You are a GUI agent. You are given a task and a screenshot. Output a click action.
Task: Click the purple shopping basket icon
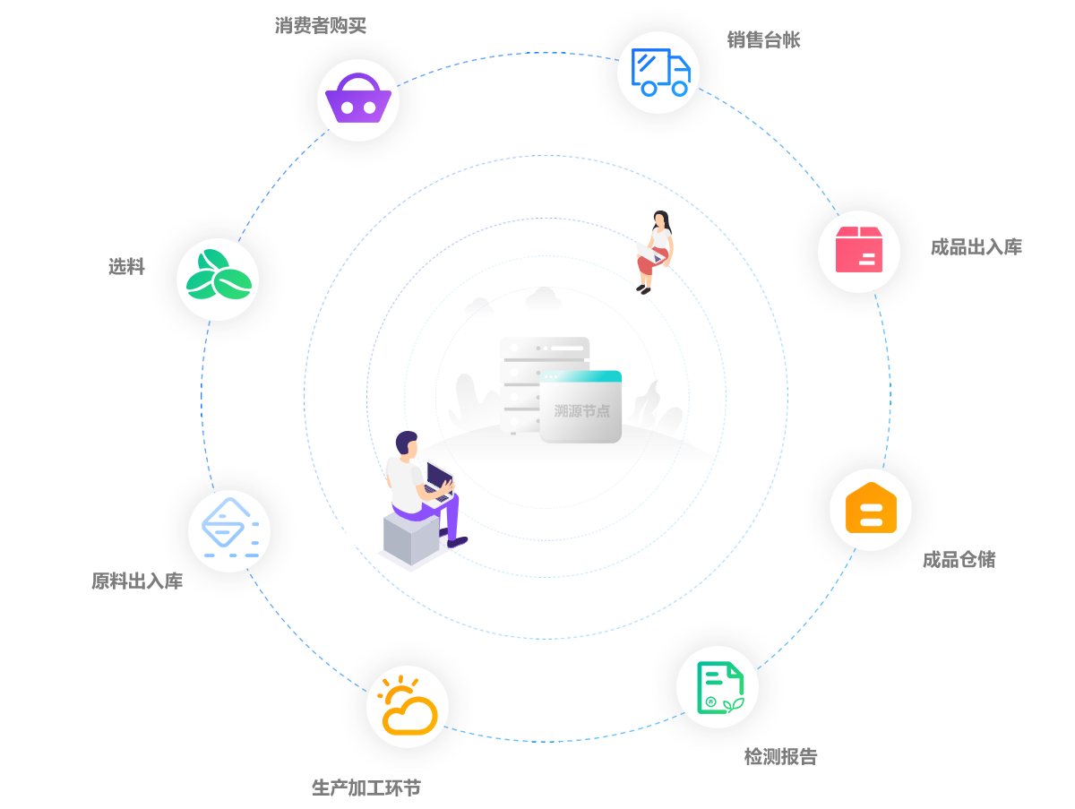[x=357, y=100]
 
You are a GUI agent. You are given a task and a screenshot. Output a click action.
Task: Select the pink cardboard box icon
[x=859, y=250]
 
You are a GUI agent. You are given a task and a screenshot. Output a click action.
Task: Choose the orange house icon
[x=870, y=509]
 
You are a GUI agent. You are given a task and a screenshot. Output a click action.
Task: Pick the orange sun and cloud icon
[x=408, y=707]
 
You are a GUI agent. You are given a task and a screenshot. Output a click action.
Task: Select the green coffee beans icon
[x=218, y=278]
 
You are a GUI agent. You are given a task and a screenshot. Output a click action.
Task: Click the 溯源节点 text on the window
[x=581, y=411]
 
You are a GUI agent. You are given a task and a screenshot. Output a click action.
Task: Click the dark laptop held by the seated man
[x=439, y=479]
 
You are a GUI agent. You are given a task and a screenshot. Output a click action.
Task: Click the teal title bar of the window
[x=580, y=375]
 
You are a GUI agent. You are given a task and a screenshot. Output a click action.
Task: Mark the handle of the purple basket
[x=357, y=82]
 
